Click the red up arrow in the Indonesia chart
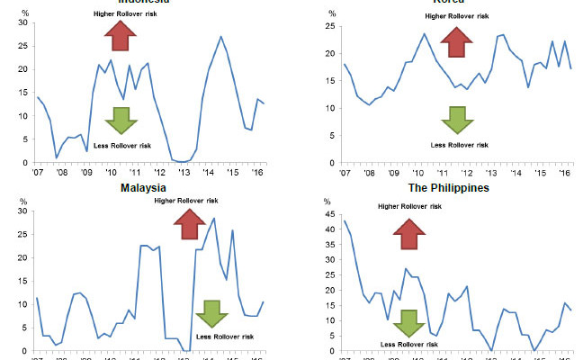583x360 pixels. (119, 36)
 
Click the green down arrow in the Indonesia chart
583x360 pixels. (119, 119)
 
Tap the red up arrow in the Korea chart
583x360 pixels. (456, 40)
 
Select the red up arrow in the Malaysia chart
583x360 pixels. (190, 223)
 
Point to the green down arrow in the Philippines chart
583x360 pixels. (409, 322)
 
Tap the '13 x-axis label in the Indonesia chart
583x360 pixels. (183, 171)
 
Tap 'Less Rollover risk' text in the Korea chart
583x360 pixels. (460, 144)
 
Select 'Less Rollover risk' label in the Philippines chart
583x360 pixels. (409, 344)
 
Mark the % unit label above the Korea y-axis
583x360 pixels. (332, 13)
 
